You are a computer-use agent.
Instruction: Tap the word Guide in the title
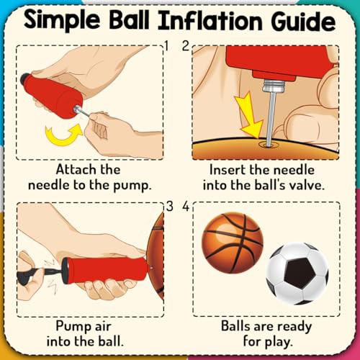pyautogui.click(x=303, y=20)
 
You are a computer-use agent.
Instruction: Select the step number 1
pyautogui.click(x=167, y=45)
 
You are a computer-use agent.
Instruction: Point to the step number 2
pyautogui.click(x=186, y=45)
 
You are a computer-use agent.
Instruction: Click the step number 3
pyautogui.click(x=169, y=206)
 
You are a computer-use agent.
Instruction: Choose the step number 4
pyautogui.click(x=186, y=206)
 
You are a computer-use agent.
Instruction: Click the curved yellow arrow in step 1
pyautogui.click(x=63, y=135)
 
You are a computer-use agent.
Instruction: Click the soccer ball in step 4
pyautogui.click(x=297, y=274)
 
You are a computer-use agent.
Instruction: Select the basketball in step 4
pyautogui.click(x=233, y=243)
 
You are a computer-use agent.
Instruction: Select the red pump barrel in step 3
pyautogui.click(x=106, y=269)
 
